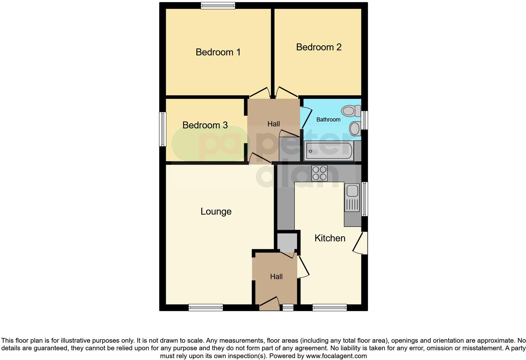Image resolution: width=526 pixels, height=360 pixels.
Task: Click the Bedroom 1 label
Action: [x=218, y=52]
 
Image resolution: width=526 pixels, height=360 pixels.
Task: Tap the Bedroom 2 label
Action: [x=319, y=47]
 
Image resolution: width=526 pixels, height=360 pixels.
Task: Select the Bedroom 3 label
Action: [x=205, y=125]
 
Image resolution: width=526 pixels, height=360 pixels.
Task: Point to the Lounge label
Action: [x=216, y=211]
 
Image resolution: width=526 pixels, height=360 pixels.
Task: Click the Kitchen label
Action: [x=330, y=238]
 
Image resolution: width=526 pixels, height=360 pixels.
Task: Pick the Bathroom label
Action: [x=328, y=120]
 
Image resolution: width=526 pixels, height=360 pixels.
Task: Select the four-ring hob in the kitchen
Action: [x=319, y=173]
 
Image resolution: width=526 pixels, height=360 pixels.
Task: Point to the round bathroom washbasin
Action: [x=355, y=128]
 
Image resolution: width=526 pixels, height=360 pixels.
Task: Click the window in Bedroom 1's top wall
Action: [x=218, y=5]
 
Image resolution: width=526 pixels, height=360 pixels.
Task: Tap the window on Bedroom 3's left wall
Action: [x=163, y=129]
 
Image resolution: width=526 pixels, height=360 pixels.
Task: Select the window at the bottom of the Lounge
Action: [x=206, y=307]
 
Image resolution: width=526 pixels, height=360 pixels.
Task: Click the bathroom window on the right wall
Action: [x=364, y=120]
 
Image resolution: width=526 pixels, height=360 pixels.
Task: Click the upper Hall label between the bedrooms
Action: [x=273, y=124]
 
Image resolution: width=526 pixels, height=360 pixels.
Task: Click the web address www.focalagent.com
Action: [x=336, y=356]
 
